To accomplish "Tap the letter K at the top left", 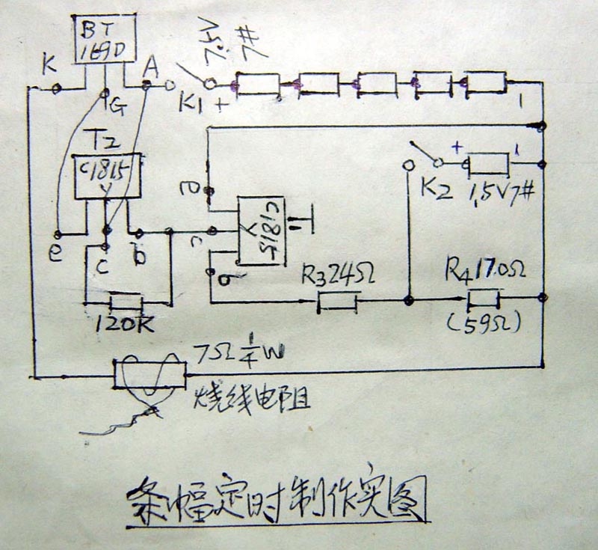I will (x=50, y=67).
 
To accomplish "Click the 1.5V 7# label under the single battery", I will (x=501, y=194).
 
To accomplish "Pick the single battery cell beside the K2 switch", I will (x=488, y=162).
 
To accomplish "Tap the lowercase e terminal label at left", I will (x=55, y=254).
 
